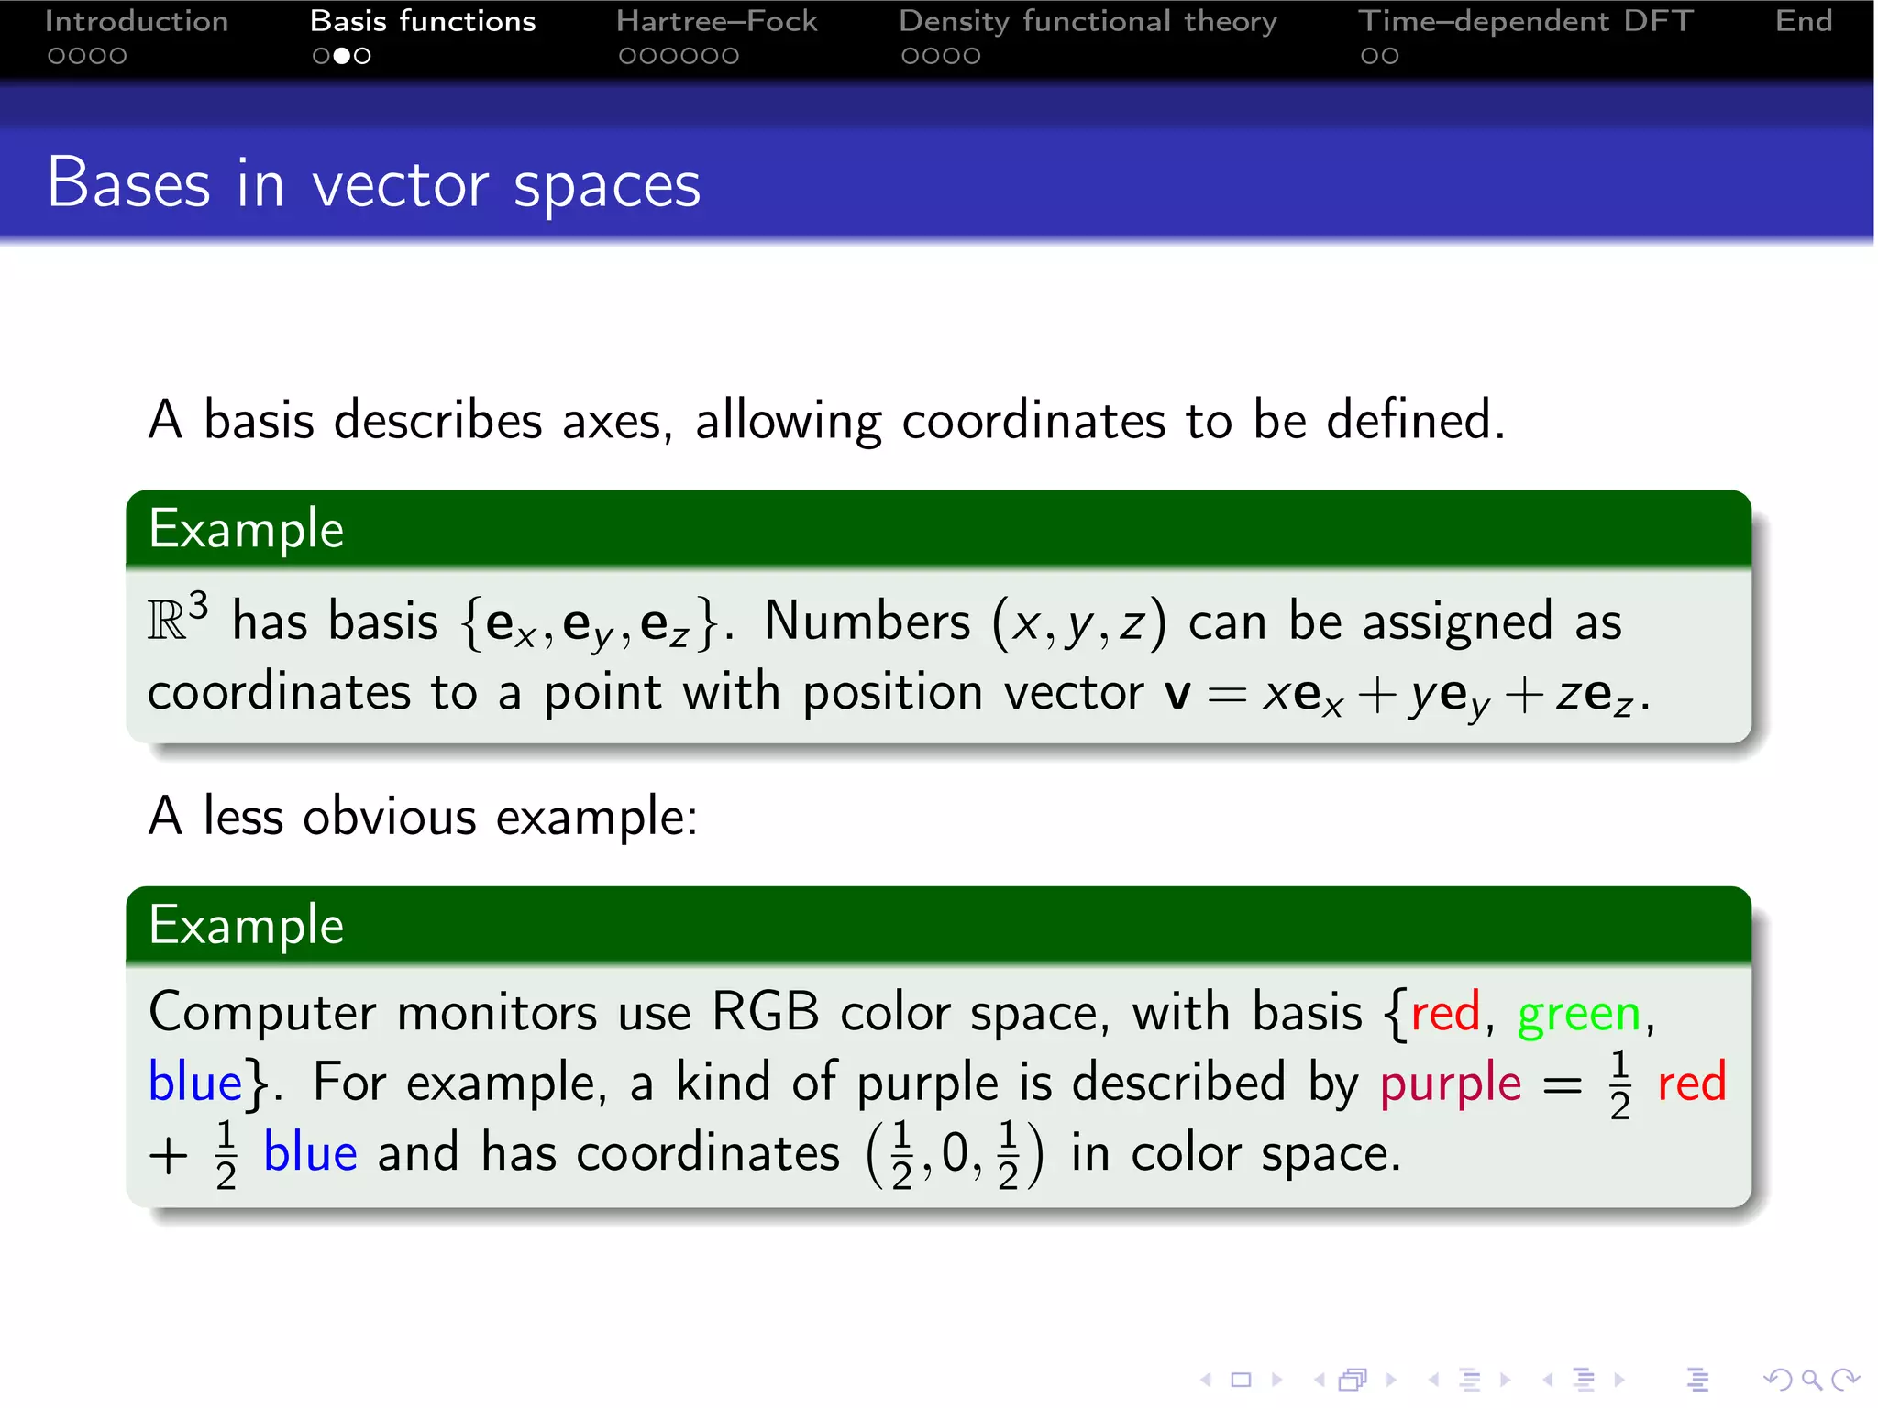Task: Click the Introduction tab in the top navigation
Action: point(136,21)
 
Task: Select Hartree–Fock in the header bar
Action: point(716,21)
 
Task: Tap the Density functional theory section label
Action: point(1088,21)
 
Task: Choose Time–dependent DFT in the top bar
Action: point(1525,21)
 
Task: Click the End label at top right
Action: point(1803,21)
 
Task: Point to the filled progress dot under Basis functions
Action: point(341,56)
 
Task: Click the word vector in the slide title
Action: point(400,185)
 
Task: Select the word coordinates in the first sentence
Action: point(1033,422)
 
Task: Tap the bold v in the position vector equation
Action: point(1177,694)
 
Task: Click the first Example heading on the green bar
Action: point(246,530)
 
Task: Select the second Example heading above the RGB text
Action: point(246,926)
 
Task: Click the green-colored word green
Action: point(1578,1015)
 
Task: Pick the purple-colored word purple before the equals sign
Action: point(1451,1083)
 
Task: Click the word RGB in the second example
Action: point(765,1013)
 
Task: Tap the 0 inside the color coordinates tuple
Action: point(955,1153)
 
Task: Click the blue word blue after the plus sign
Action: point(310,1153)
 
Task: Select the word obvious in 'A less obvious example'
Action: point(390,816)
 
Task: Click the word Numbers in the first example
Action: point(867,621)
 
